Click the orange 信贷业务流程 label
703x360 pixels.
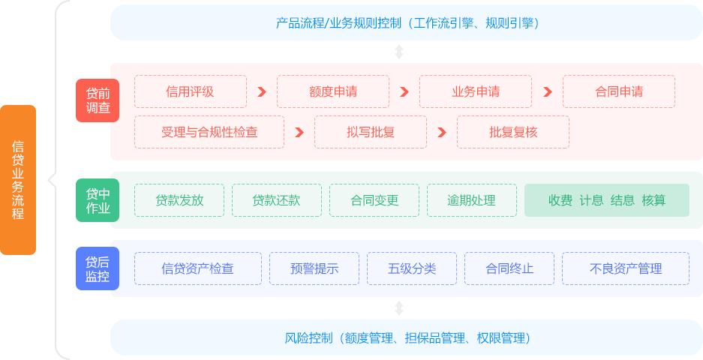[18, 180]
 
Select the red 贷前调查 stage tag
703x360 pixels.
[98, 100]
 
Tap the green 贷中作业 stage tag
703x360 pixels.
[98, 200]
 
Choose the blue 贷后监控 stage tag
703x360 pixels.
[98, 268]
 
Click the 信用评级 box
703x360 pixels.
[191, 91]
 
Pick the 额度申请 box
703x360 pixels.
[332, 91]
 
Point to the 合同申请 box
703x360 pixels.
[618, 91]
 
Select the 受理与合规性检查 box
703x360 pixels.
[209, 132]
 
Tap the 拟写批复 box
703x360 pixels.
[370, 132]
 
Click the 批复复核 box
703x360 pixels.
[512, 132]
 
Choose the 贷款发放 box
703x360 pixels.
[179, 200]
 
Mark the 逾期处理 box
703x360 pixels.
[471, 200]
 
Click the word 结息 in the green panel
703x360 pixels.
[622, 200]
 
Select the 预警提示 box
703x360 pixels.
[314, 268]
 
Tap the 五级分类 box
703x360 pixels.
[411, 268]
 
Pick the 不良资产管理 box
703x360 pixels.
[625, 268]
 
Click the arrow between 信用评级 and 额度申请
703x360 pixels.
[262, 91]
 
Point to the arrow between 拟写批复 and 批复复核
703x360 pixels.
[442, 132]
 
